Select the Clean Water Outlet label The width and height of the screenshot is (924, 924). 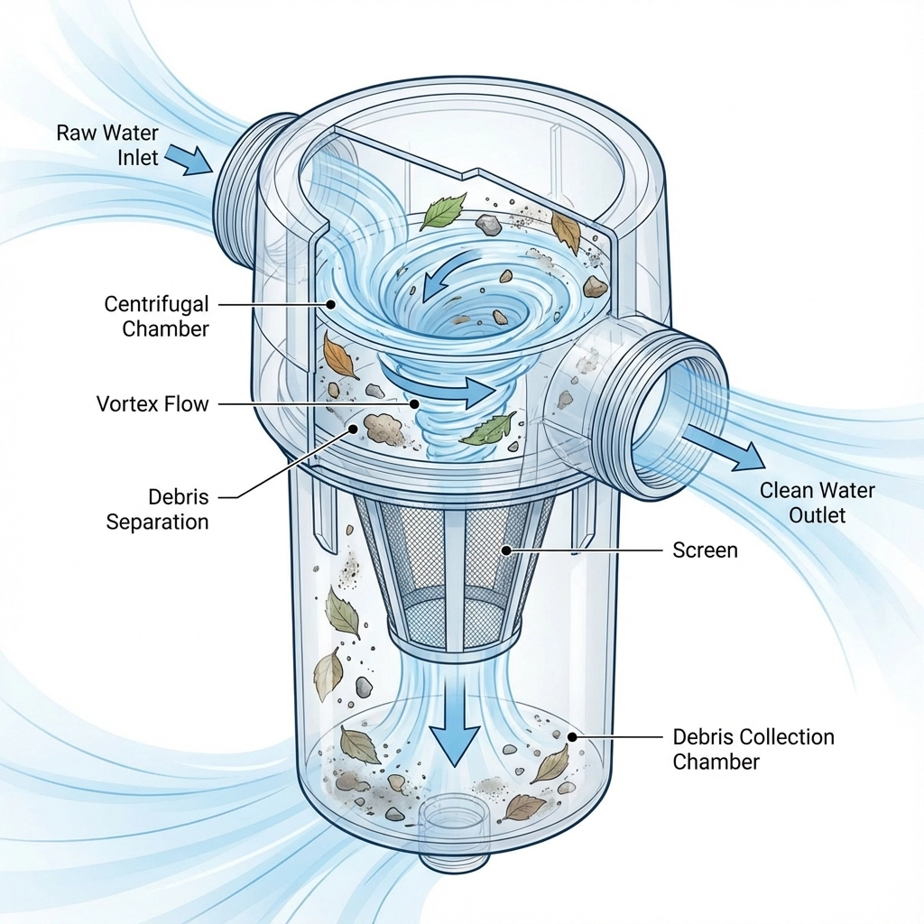click(817, 503)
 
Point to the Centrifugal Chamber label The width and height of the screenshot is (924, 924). click(156, 316)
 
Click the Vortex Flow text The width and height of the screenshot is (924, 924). click(152, 403)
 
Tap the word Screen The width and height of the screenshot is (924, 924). click(705, 550)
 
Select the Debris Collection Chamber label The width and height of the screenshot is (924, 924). click(753, 749)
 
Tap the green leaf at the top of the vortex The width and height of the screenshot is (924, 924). click(444, 212)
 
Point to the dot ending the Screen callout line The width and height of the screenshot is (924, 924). click(507, 549)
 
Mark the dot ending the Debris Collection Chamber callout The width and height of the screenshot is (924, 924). click(571, 737)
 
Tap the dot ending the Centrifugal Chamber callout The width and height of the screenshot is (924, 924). click(331, 305)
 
